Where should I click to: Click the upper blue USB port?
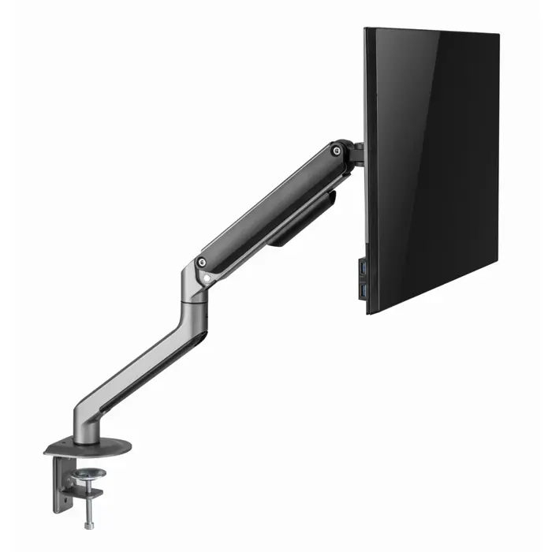pos(362,270)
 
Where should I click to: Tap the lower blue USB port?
pos(362,292)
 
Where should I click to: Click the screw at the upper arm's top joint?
pos(337,150)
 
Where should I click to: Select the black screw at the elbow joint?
pos(203,263)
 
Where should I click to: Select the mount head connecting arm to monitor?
pos(356,154)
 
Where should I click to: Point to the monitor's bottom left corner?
pos(368,311)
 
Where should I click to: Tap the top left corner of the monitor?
pos(366,30)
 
